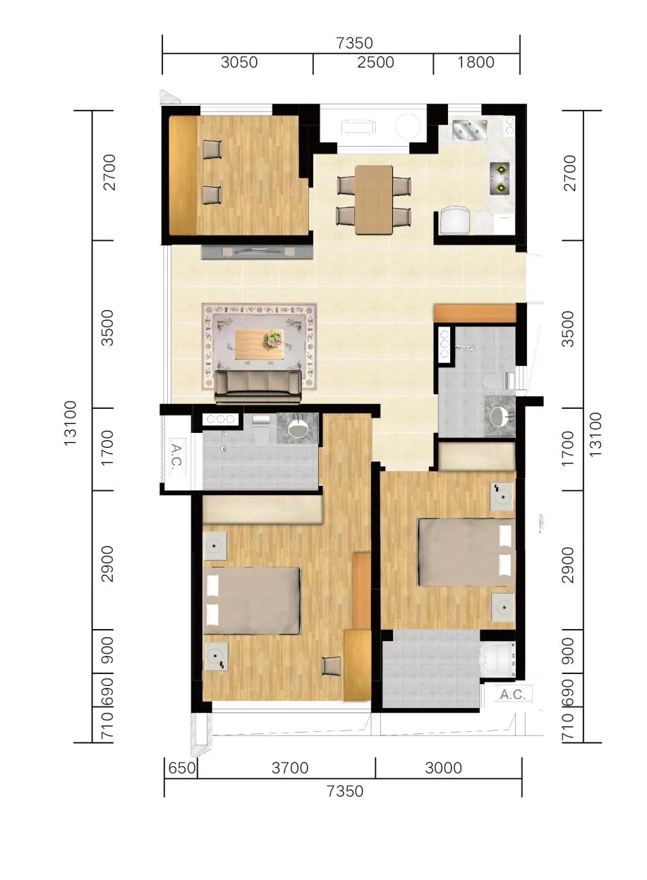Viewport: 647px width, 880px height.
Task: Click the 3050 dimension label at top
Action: pos(239,63)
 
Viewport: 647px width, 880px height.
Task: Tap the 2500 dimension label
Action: pos(375,63)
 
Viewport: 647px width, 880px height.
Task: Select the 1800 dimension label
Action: pos(476,62)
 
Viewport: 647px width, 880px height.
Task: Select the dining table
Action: pos(374,200)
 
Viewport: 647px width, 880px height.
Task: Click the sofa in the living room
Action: pos(258,387)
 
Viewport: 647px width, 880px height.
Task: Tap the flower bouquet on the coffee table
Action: pos(274,338)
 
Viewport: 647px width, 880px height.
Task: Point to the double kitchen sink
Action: pos(470,130)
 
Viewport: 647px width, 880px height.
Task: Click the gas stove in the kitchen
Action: pos(500,178)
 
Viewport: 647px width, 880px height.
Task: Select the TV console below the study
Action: pos(257,252)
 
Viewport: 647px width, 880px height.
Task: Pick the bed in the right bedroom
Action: pos(466,552)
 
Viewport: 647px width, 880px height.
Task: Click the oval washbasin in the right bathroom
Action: pos(500,417)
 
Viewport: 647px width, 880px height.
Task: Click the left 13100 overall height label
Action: pos(69,423)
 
